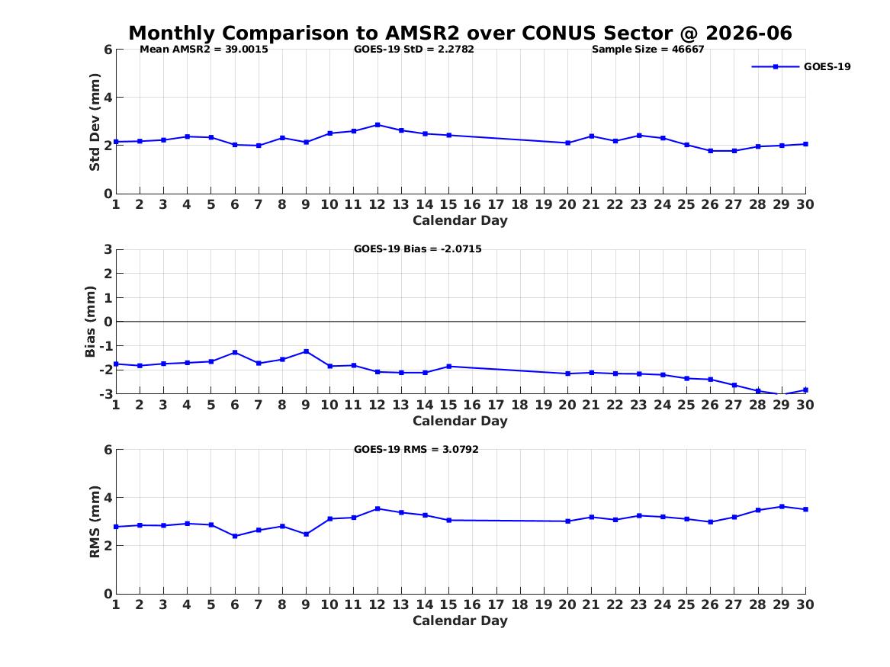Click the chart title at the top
(461, 33)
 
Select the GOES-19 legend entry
(801, 66)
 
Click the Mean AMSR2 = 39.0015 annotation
(204, 49)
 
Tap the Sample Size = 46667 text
(647, 49)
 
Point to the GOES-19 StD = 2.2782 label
(414, 49)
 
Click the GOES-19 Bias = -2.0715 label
(418, 249)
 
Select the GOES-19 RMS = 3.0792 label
(416, 449)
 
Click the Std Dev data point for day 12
(378, 125)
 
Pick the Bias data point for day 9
(306, 351)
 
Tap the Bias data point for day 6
(234, 353)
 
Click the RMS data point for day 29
(782, 506)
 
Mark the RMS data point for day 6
(234, 536)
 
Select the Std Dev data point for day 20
(567, 143)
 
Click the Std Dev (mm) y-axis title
(95, 121)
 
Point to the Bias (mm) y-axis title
(90, 322)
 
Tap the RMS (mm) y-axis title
(95, 521)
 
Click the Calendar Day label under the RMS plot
(460, 621)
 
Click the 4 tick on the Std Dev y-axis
(108, 98)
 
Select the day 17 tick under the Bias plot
(496, 405)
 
